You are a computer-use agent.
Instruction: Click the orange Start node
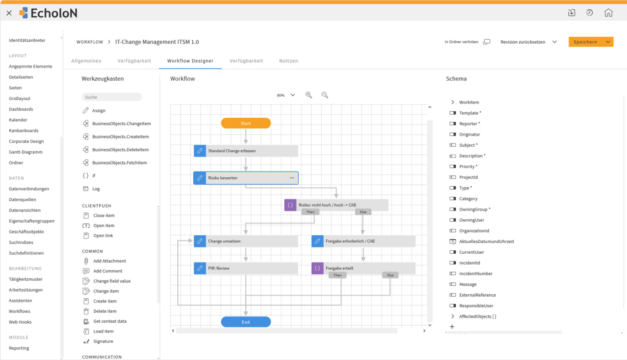click(246, 123)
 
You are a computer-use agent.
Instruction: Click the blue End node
click(246, 322)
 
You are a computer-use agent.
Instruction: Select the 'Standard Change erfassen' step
click(246, 151)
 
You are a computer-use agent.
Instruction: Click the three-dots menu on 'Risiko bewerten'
click(292, 178)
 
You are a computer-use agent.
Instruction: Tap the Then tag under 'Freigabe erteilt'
click(337, 275)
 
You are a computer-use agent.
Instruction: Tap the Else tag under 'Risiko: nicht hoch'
click(363, 212)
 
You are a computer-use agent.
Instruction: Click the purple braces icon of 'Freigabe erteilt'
click(317, 268)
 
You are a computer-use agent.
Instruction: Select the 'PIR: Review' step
click(246, 268)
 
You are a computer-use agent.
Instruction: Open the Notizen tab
click(289, 61)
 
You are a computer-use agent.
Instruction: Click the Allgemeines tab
click(86, 61)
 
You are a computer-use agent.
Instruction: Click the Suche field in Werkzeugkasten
click(112, 97)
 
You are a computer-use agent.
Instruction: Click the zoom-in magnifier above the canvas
click(309, 95)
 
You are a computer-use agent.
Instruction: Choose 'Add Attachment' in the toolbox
click(109, 261)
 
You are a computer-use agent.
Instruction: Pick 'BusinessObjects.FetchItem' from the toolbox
click(120, 162)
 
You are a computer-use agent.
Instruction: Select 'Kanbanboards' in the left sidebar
click(23, 131)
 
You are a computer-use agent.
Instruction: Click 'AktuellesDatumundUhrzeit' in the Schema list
click(486, 241)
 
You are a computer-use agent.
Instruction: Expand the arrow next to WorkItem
click(453, 102)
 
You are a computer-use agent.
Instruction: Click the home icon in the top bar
click(608, 13)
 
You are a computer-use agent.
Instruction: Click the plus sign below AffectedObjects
click(452, 326)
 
